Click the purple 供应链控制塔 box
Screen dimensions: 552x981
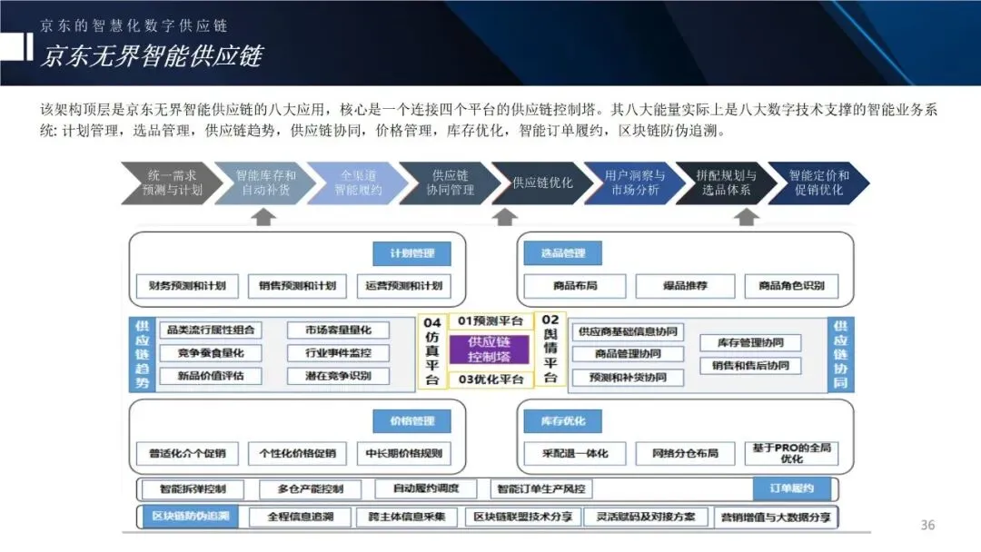489,350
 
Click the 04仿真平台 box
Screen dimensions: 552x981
432,350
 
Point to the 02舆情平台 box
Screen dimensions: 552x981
550,349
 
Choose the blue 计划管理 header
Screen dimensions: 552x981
411,253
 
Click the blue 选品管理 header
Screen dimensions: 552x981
563,253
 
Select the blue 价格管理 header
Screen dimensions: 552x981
411,421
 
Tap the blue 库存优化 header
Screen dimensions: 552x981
563,421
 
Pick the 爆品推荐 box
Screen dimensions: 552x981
685,285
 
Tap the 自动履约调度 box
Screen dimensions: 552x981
426,488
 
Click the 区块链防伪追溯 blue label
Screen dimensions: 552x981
190,517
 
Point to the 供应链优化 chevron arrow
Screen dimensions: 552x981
542,182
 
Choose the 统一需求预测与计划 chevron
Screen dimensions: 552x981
170,182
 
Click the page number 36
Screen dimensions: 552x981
927,525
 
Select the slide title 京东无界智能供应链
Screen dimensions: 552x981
151,56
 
